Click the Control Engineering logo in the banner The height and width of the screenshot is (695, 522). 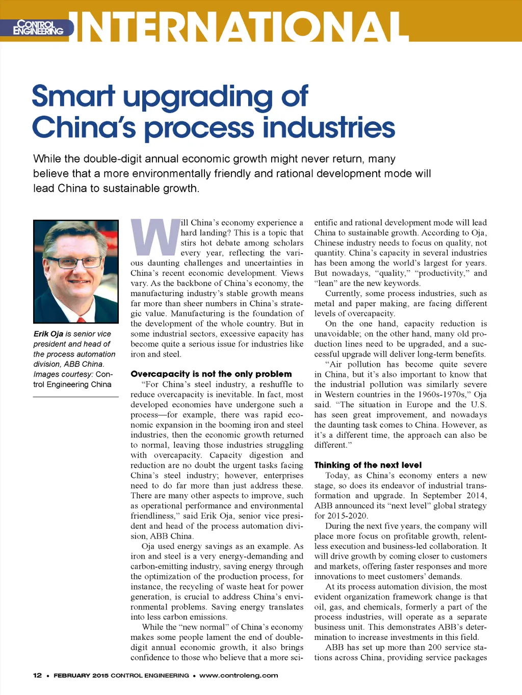click(38, 28)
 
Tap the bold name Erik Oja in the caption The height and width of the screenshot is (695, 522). click(48, 334)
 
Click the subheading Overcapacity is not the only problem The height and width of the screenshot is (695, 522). click(211, 374)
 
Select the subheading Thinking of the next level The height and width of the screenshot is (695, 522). click(368, 465)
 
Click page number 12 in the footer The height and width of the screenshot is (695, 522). click(37, 675)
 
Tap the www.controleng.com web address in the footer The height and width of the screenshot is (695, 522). click(239, 675)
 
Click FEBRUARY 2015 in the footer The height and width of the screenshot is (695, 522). click(81, 675)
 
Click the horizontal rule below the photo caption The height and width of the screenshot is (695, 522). click(76, 396)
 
